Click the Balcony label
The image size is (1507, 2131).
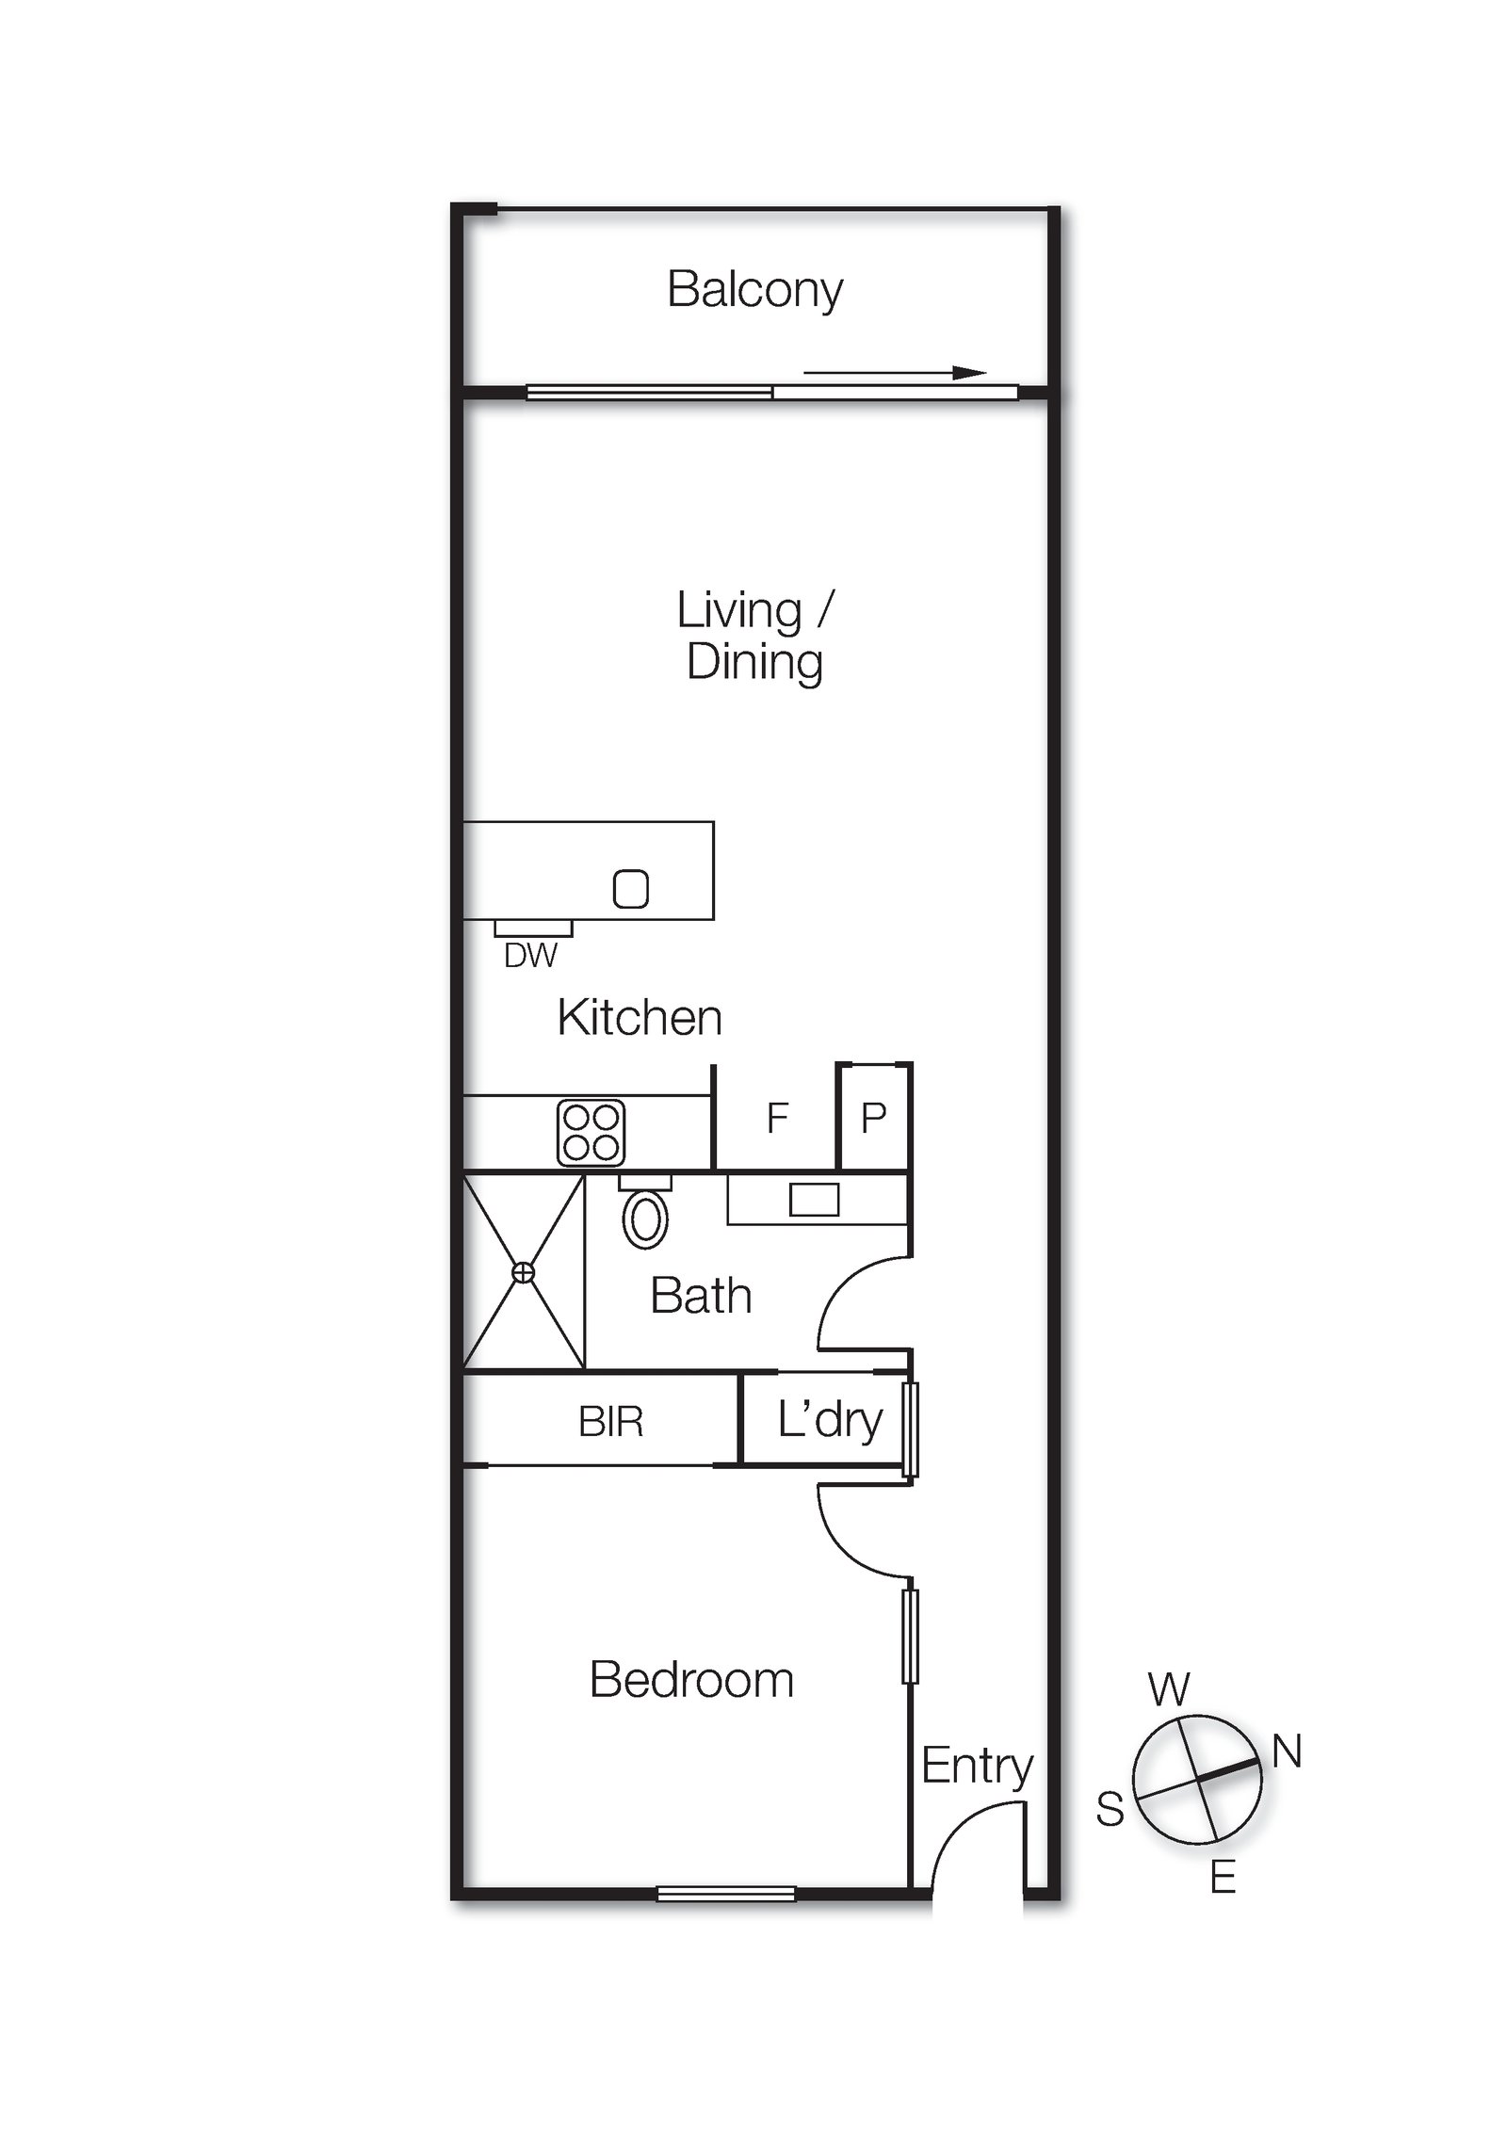[754, 291]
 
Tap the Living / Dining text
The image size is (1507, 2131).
[755, 637]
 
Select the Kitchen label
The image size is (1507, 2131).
[640, 1018]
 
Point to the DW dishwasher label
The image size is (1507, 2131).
[530, 956]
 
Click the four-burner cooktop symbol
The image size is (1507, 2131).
[591, 1132]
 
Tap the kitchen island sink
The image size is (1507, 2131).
[631, 888]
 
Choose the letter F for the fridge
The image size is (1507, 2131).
[777, 1118]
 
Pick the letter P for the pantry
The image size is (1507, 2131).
[873, 1118]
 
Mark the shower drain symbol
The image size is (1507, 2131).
[523, 1273]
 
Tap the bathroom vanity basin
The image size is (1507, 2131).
[814, 1200]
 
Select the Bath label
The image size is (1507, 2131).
[701, 1296]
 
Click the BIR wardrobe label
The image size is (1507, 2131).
[610, 1422]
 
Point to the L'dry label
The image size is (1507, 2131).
[830, 1421]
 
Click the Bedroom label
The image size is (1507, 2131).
[691, 1681]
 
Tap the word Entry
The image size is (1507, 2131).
[977, 1767]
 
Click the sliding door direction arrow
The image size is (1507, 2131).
[895, 373]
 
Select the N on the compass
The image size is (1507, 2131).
[1287, 1752]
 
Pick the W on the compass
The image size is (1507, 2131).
[1169, 1690]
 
